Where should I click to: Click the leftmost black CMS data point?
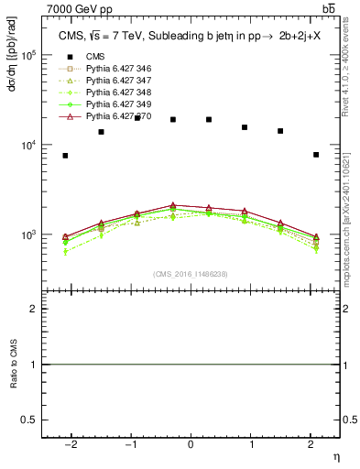[65, 156]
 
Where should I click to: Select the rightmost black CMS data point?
[316, 155]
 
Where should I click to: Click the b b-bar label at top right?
[328, 9]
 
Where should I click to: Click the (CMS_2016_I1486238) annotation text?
[190, 274]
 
